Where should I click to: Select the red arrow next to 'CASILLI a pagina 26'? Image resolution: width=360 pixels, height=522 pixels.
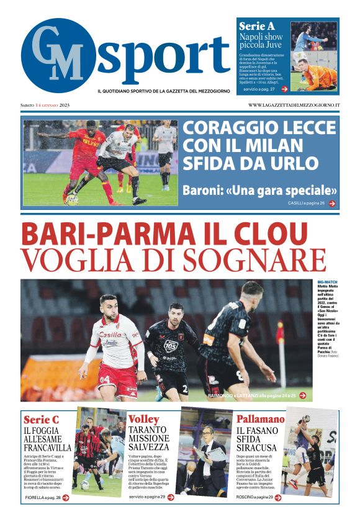[332, 203]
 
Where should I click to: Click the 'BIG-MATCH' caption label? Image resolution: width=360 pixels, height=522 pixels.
[326, 282]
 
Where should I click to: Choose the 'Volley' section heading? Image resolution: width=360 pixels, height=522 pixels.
[143, 420]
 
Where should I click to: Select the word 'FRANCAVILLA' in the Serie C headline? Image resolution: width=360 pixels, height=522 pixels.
[47, 447]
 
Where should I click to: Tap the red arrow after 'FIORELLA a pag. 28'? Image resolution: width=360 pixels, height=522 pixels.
[66, 497]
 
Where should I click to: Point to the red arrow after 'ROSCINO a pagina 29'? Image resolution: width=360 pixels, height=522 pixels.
[276, 497]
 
